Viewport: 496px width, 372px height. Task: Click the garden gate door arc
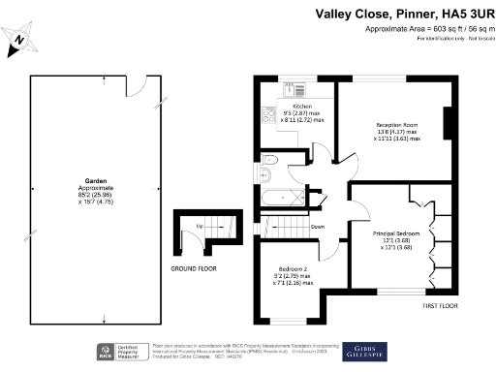(139, 87)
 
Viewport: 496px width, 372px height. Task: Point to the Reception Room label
(397, 125)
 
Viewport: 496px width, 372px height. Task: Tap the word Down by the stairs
(318, 228)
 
